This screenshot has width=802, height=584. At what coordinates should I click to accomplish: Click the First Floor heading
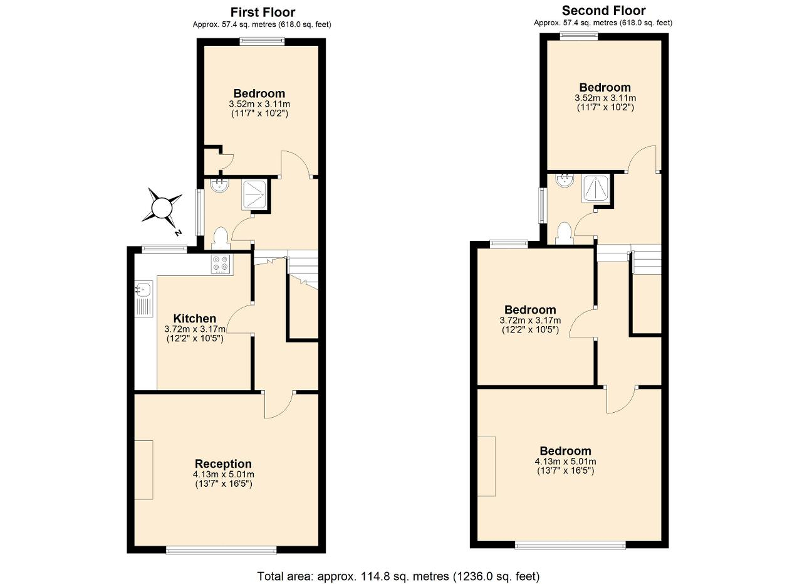[263, 12]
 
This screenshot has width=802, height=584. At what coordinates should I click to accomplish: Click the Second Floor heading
[603, 11]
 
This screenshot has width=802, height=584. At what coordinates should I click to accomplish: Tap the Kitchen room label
[195, 319]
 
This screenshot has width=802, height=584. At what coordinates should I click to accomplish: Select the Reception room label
[223, 464]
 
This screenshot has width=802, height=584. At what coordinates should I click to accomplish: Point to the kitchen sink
[144, 299]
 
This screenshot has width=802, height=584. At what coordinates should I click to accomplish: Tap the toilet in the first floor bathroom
[220, 238]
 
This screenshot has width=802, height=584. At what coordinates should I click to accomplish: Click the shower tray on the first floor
[254, 195]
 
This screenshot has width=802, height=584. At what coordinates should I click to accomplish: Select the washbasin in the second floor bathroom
[565, 179]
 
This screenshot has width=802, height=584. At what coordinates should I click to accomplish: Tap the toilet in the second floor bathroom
[565, 233]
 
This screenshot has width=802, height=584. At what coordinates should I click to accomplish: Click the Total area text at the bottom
[398, 566]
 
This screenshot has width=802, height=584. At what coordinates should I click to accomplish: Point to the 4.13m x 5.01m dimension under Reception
[224, 474]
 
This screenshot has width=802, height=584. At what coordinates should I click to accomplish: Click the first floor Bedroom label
[259, 93]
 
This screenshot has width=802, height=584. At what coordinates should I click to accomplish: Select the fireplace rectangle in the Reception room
[144, 470]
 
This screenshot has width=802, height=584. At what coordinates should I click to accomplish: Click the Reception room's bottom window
[221, 550]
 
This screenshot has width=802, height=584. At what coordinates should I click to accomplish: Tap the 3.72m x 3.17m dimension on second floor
[530, 320]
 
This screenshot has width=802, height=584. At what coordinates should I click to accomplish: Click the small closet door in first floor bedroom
[226, 162]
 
